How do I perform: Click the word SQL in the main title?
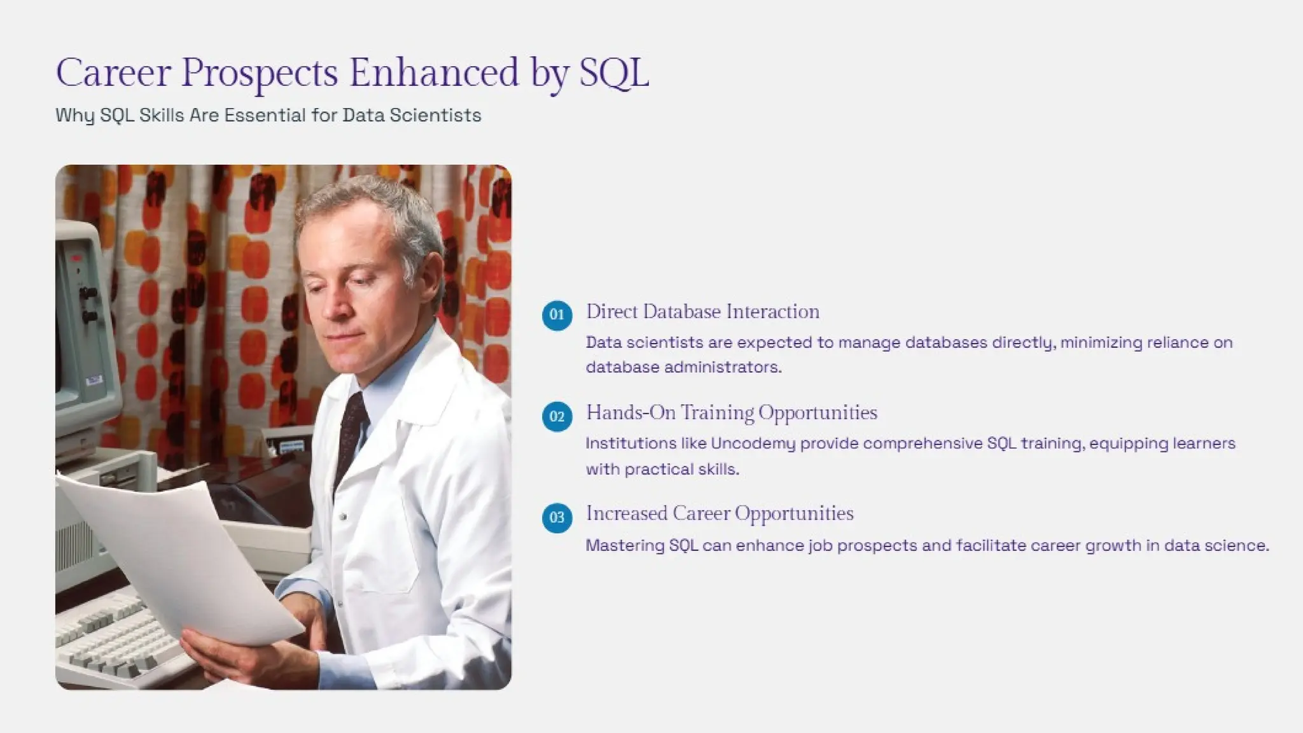[613, 72]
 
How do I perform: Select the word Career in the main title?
[113, 72]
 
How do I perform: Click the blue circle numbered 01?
[557, 315]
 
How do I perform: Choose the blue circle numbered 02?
[557, 416]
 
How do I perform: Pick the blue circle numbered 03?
[557, 517]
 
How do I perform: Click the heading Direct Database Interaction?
[702, 312]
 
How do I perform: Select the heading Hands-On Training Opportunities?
[731, 413]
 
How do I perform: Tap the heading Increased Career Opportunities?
[720, 513]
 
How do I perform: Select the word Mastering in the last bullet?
[624, 545]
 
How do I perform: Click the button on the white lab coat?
[343, 517]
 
